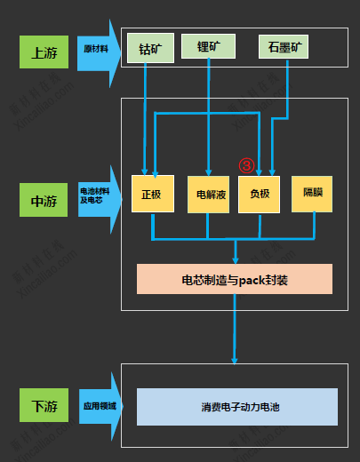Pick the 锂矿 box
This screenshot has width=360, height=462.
(208, 47)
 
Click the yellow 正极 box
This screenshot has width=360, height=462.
(152, 193)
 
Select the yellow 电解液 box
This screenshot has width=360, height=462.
(208, 193)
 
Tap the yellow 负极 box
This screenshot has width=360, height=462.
(260, 193)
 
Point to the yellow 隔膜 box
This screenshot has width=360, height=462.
(312, 193)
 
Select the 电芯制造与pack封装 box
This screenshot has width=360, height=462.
(234, 280)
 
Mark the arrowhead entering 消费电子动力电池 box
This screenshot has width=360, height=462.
(236, 361)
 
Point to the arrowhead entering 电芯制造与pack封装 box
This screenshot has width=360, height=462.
(236, 259)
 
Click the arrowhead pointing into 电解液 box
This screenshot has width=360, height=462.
(208, 172)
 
